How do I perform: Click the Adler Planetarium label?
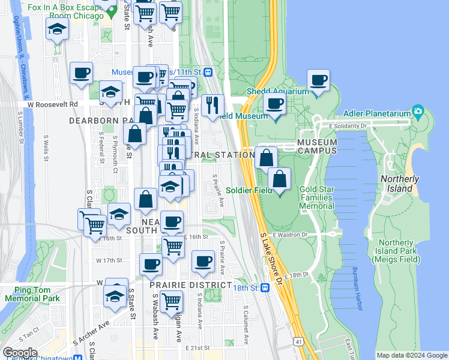pyautogui.click(x=378, y=113)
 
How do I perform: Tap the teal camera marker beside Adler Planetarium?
pyautogui.click(x=418, y=112)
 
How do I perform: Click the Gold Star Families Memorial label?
pyautogui.click(x=316, y=197)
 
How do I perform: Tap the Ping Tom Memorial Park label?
pyautogui.click(x=32, y=294)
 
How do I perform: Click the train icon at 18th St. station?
pyautogui.click(x=264, y=287)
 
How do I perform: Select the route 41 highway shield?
pyautogui.click(x=298, y=342)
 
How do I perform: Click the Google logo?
pyautogui.click(x=20, y=352)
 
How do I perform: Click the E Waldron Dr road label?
pyautogui.click(x=290, y=235)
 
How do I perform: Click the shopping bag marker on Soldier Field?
pyautogui.click(x=279, y=179)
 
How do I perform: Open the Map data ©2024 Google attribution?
pyautogui.click(x=412, y=355)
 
